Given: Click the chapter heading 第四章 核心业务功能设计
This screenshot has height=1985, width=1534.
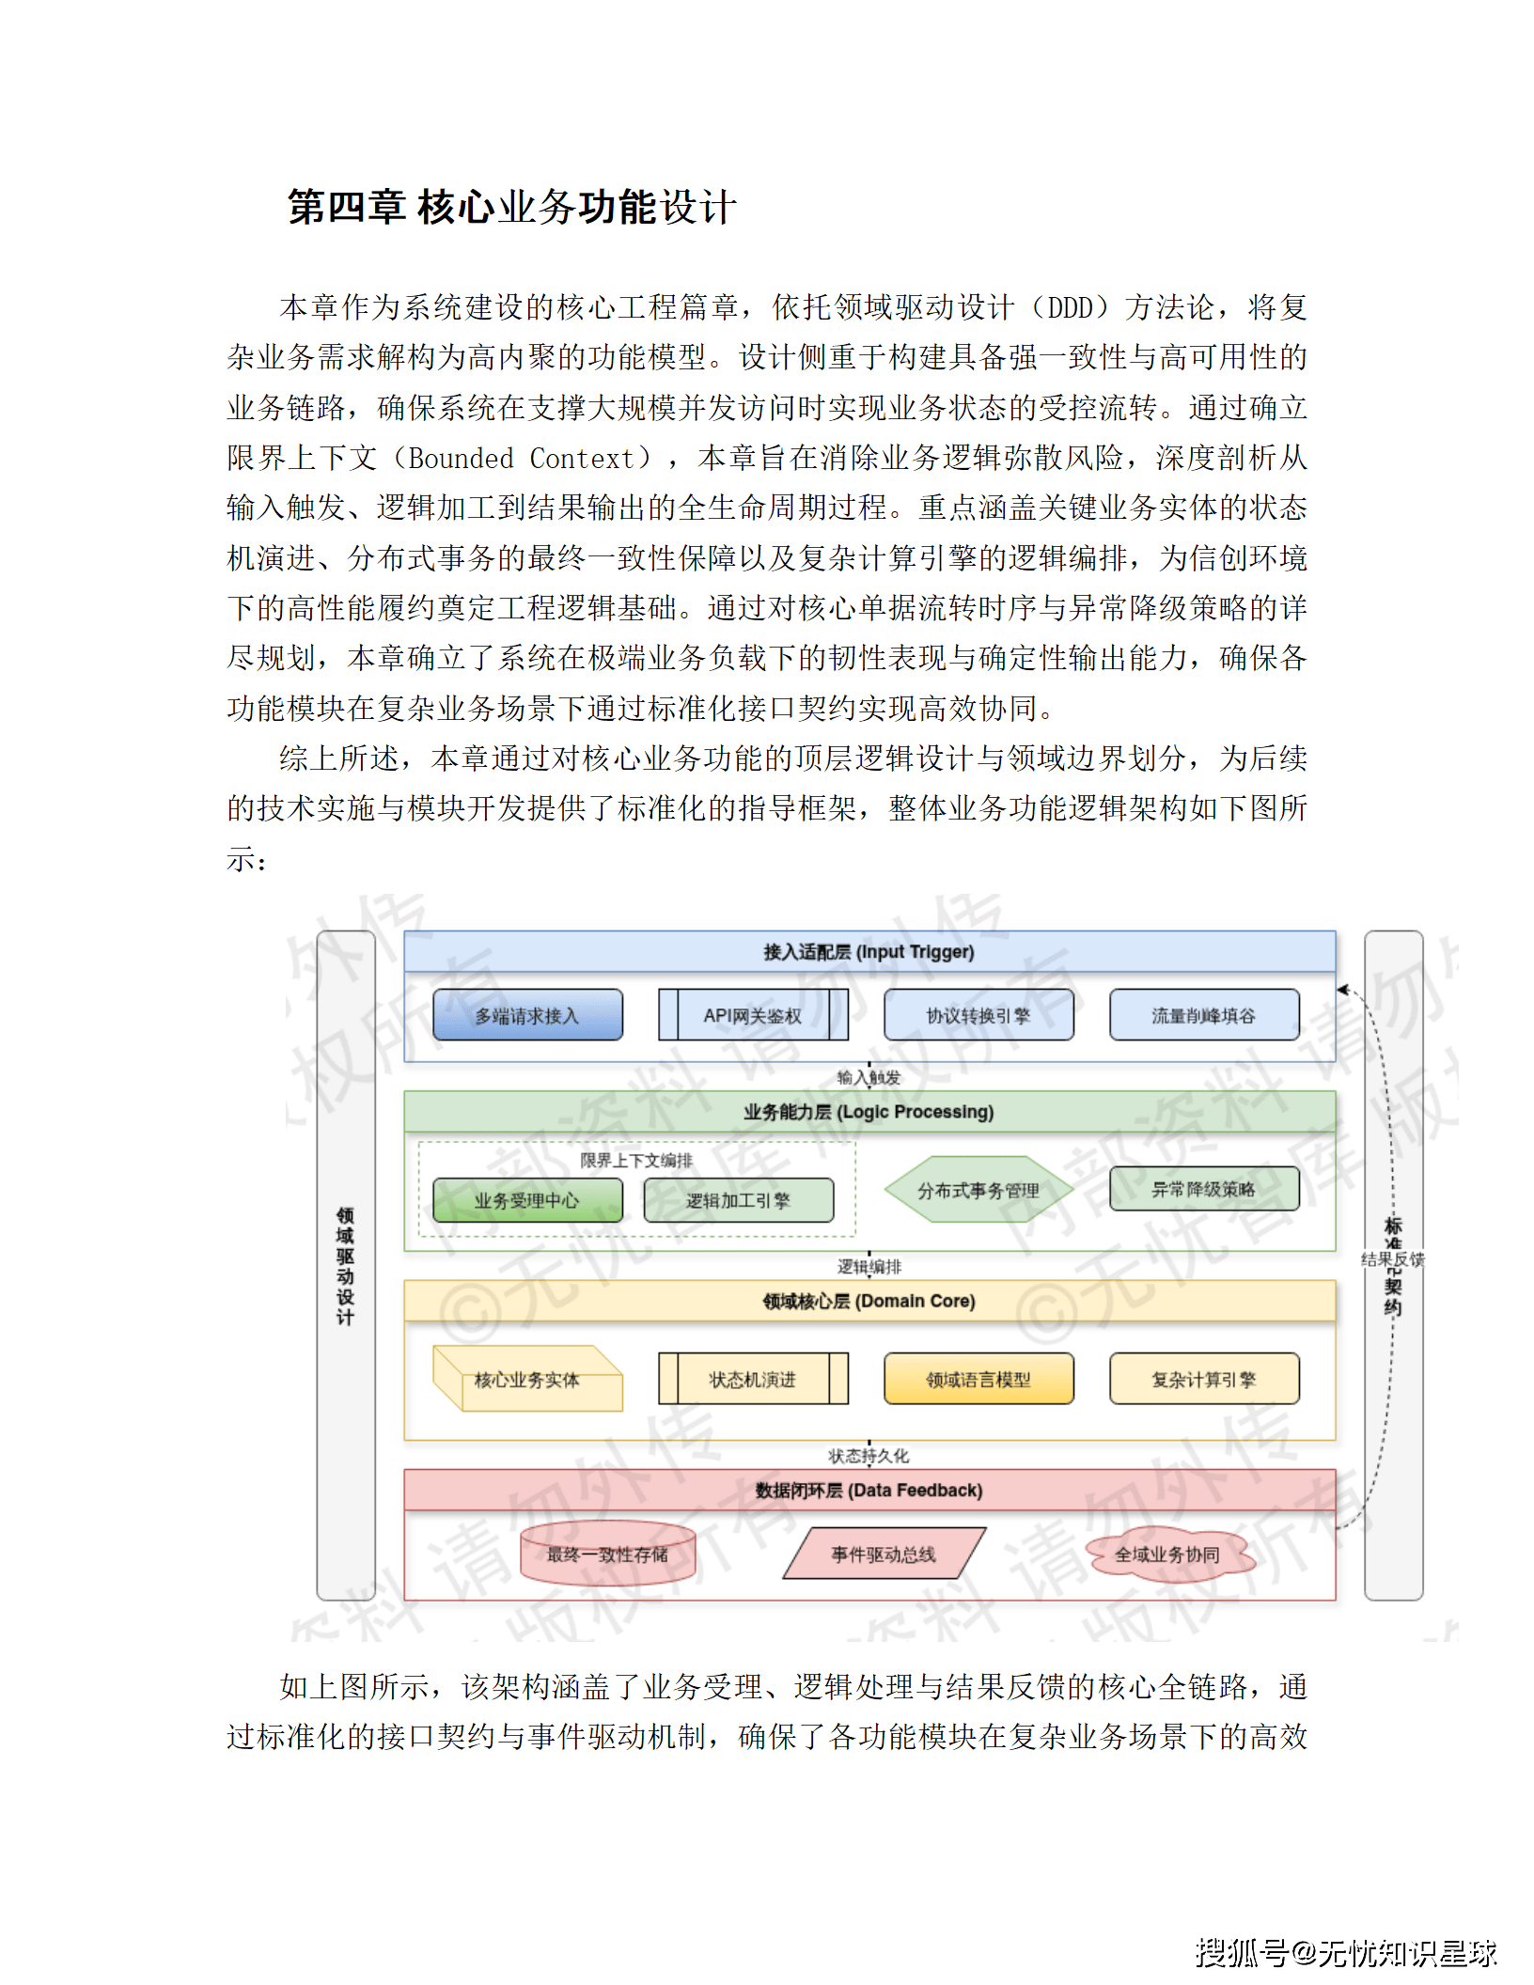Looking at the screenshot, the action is pyautogui.click(x=511, y=208).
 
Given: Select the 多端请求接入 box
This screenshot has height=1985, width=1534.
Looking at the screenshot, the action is pyautogui.click(x=527, y=1015).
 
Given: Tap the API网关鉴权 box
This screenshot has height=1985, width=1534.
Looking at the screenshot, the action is pyautogui.click(x=753, y=1015).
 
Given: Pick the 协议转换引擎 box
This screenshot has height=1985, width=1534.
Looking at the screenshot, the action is pyautogui.click(x=978, y=1015).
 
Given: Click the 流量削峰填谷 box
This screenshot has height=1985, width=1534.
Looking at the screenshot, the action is pyautogui.click(x=1204, y=1015).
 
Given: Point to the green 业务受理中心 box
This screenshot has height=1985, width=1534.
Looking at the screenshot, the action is pyautogui.click(x=527, y=1200).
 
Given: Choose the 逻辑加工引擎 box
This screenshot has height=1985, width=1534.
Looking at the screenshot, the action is pyautogui.click(x=739, y=1200).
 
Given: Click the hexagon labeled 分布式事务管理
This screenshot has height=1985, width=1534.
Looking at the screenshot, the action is pyautogui.click(x=978, y=1190).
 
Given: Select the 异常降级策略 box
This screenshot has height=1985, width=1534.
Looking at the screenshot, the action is pyautogui.click(x=1204, y=1189).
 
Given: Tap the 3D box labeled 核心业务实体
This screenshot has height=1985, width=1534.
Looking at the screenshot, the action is pyautogui.click(x=527, y=1380).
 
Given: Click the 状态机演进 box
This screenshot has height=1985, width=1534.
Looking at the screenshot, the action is pyautogui.click(x=753, y=1379).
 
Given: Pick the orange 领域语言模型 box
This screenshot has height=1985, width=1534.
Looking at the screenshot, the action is pyautogui.click(x=978, y=1379).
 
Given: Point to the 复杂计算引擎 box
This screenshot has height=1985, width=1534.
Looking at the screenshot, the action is pyautogui.click(x=1204, y=1379).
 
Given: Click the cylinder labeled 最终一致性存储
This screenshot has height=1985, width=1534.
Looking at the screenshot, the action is pyautogui.click(x=608, y=1555).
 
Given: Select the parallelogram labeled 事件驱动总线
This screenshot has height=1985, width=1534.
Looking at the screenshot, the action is pyautogui.click(x=884, y=1555).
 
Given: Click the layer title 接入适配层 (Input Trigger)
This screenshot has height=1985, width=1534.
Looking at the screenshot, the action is pyautogui.click(x=869, y=952).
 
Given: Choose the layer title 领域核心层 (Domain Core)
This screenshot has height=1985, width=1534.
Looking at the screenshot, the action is pyautogui.click(x=869, y=1301).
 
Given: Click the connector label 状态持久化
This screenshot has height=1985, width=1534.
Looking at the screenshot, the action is pyautogui.click(x=869, y=1456).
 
